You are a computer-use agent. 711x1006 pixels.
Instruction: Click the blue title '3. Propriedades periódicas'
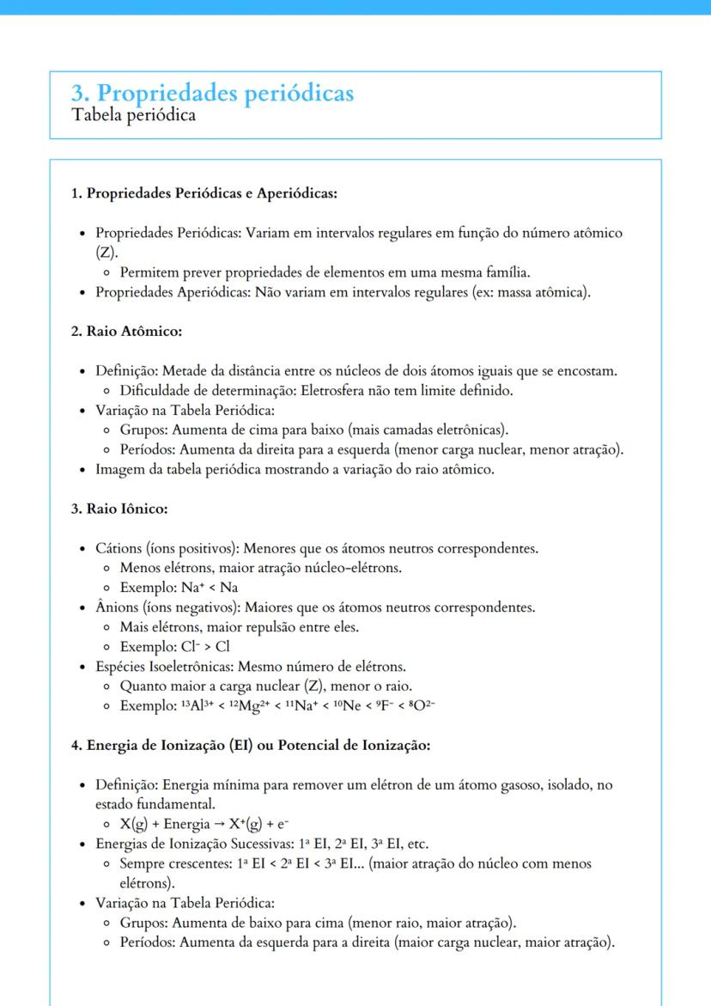(x=213, y=93)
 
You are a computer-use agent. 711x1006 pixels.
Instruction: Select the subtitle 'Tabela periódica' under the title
(x=133, y=115)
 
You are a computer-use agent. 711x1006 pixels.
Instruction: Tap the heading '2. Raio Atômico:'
(x=126, y=331)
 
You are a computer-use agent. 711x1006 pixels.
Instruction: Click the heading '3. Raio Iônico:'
(x=118, y=509)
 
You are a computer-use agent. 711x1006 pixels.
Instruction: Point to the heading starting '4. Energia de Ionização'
(x=250, y=745)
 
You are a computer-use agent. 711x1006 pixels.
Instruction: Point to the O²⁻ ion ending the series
(x=419, y=706)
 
